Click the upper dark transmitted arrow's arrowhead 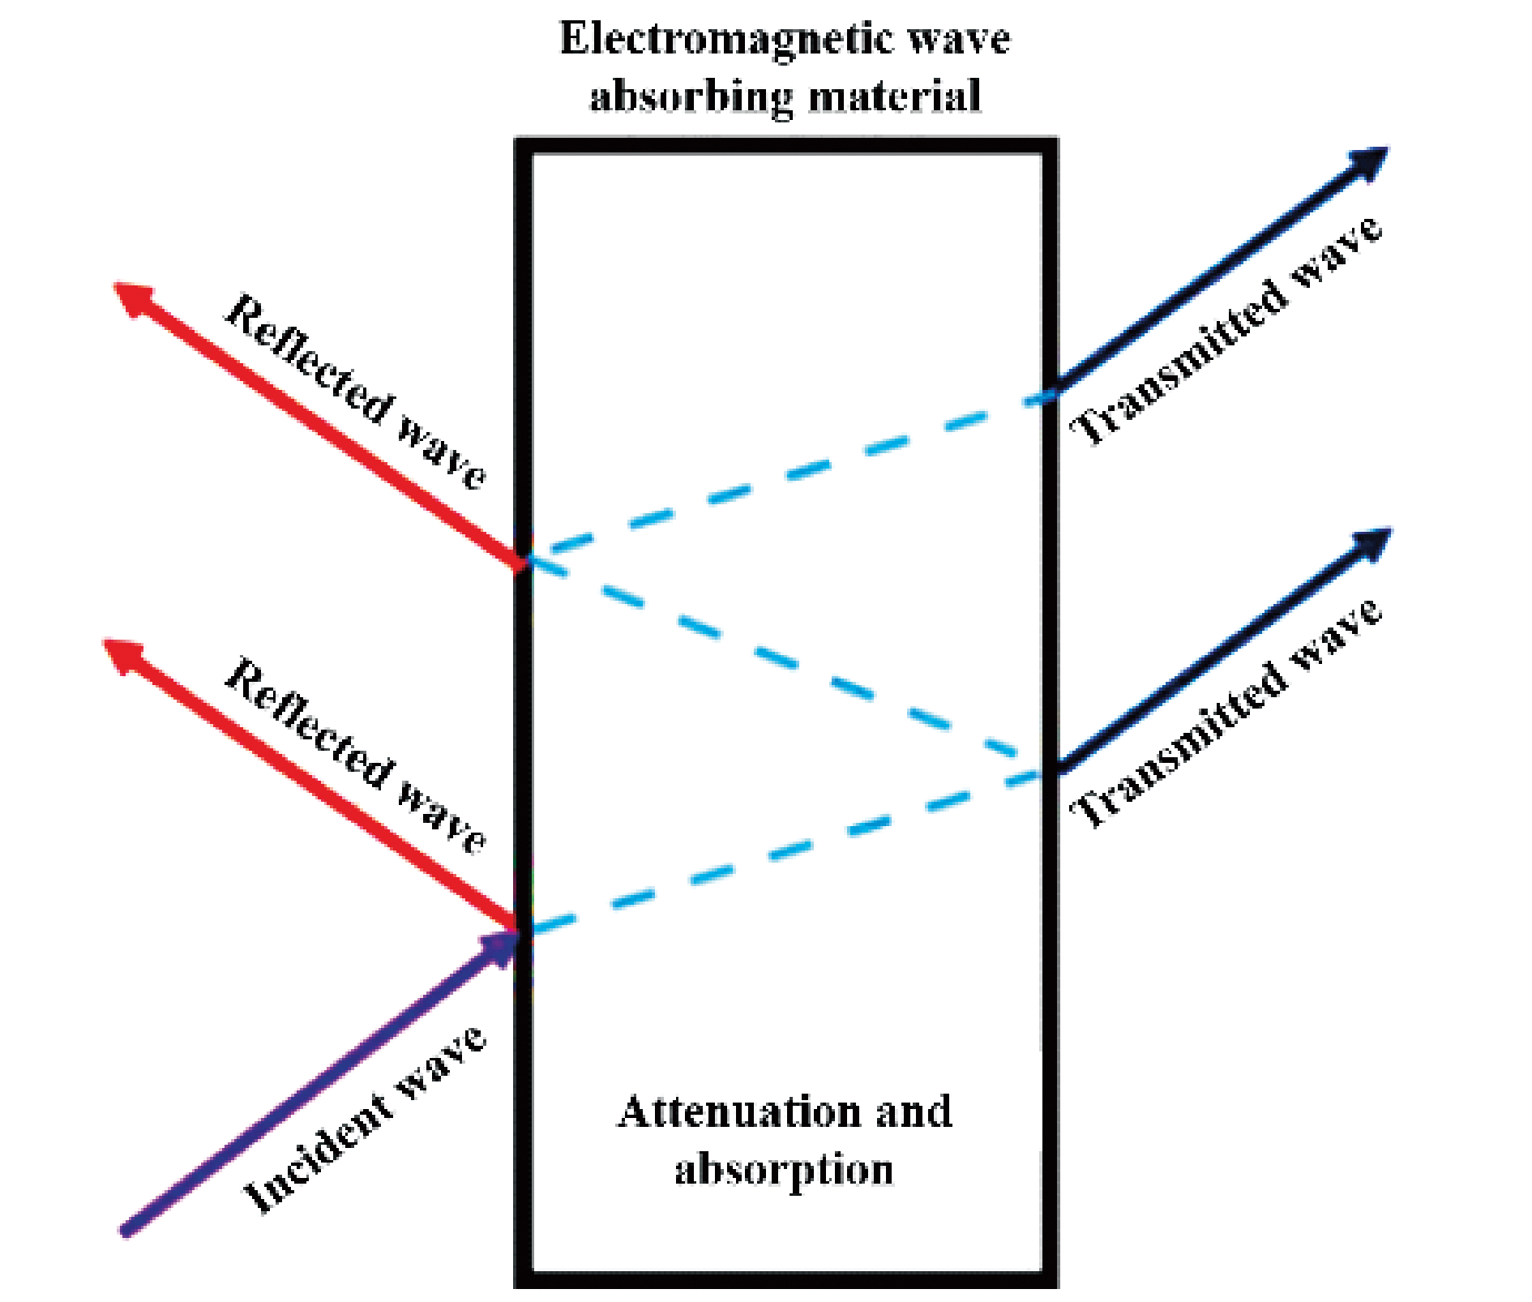[x=1370, y=162]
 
